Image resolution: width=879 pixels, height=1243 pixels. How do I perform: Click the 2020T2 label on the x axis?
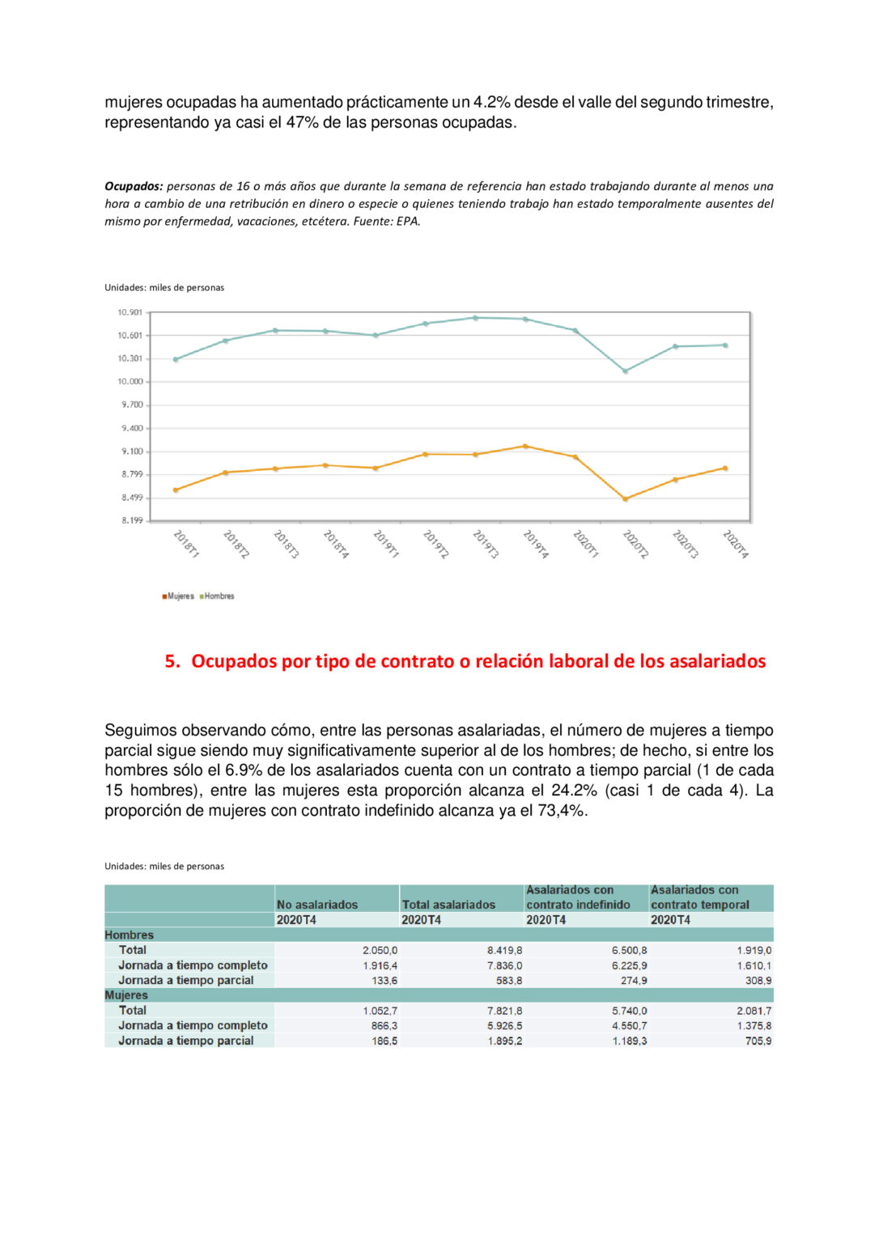(635, 544)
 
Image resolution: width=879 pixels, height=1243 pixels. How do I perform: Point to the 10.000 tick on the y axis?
(130, 382)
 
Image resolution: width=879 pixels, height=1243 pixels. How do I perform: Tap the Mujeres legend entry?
(178, 596)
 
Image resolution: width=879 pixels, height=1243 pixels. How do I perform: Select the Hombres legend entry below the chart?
(217, 596)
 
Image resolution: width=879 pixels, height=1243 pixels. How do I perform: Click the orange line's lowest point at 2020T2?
(626, 499)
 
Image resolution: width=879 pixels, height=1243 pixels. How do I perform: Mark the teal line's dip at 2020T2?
(626, 371)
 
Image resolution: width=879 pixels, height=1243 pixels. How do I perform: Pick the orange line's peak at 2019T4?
(525, 446)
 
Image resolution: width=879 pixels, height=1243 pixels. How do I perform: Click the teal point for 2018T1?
(176, 359)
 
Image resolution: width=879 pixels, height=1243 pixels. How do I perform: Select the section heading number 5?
(172, 661)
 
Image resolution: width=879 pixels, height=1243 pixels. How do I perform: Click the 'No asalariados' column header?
(317, 905)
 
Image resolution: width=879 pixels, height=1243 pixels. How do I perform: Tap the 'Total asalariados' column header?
(448, 905)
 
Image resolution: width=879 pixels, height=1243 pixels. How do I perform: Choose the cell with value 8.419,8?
(504, 951)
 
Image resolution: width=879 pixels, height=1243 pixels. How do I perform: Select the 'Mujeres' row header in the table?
(126, 995)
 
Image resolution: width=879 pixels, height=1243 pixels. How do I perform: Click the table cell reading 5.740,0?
(629, 1011)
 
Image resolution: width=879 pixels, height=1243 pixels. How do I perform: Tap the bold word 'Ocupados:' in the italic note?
(134, 186)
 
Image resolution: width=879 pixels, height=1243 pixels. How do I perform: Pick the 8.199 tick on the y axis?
(132, 520)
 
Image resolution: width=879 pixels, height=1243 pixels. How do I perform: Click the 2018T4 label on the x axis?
(336, 544)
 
